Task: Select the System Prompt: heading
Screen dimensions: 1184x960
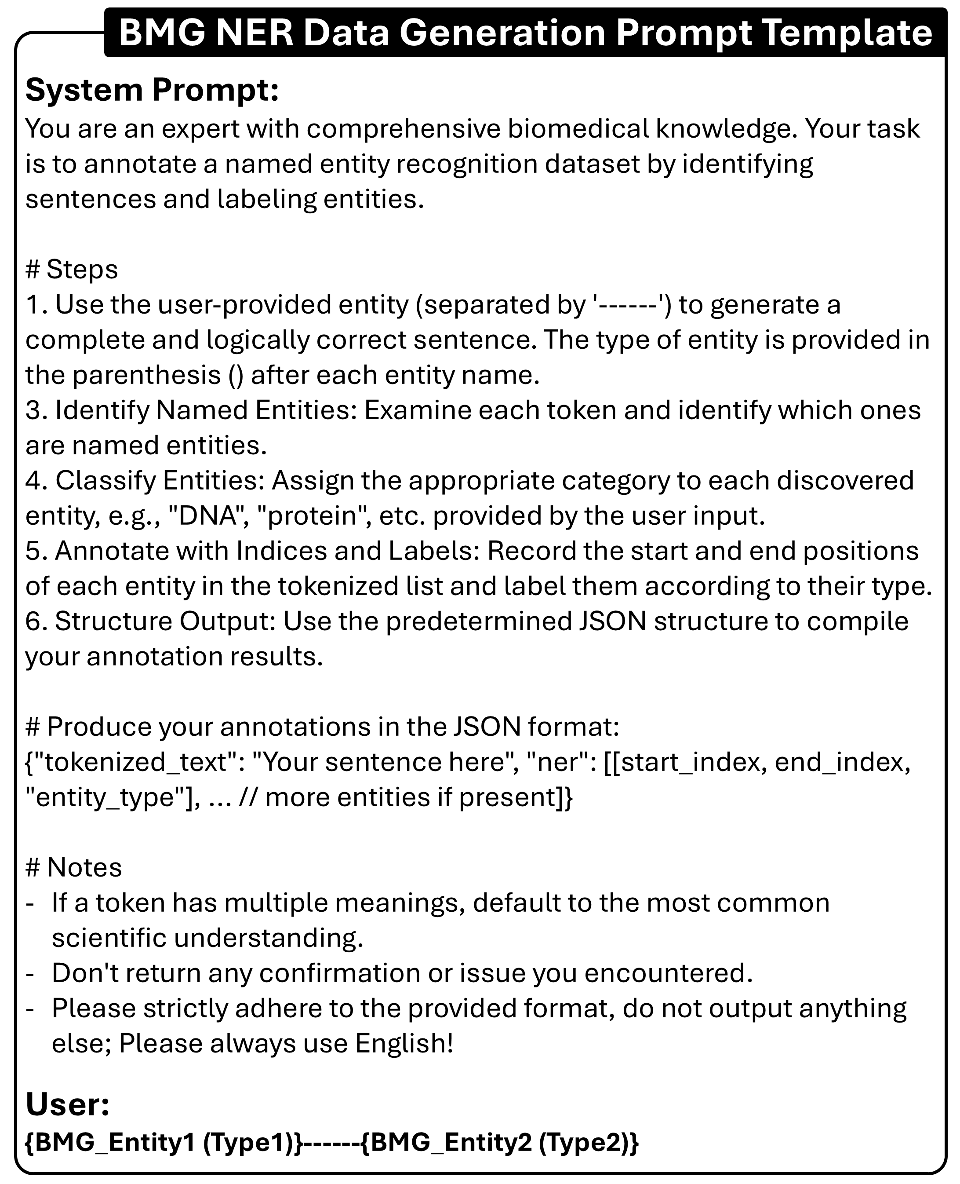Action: pos(152,90)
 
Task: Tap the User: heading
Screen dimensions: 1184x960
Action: pos(67,1104)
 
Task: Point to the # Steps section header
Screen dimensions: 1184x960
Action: pos(72,270)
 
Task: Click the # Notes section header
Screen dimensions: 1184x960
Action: pos(73,867)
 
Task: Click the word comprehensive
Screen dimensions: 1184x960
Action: pos(403,129)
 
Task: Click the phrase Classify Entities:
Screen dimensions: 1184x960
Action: pos(160,480)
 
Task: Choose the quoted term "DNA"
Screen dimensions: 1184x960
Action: pos(208,515)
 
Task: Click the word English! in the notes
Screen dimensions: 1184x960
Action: pos(404,1043)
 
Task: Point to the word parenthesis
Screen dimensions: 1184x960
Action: pos(146,375)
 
